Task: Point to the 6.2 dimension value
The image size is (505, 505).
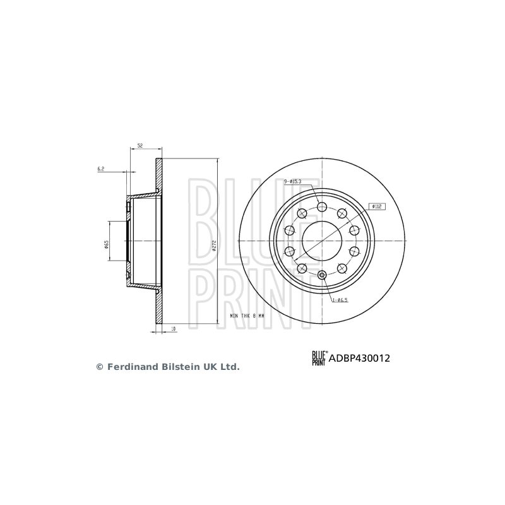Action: (100, 169)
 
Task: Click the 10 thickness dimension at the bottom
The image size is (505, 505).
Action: (174, 328)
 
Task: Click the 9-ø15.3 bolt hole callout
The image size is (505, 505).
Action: (293, 181)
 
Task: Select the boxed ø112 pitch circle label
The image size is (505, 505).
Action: (377, 206)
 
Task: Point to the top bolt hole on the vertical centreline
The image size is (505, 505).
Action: (322, 207)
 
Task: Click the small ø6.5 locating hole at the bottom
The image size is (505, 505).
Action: (322, 275)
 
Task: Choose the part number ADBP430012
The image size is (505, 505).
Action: (358, 358)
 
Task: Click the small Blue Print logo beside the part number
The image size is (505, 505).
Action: (318, 359)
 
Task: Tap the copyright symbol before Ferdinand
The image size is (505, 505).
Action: (99, 366)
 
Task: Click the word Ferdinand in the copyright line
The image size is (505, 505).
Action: (128, 366)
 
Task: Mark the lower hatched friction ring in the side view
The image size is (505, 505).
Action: (158, 309)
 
